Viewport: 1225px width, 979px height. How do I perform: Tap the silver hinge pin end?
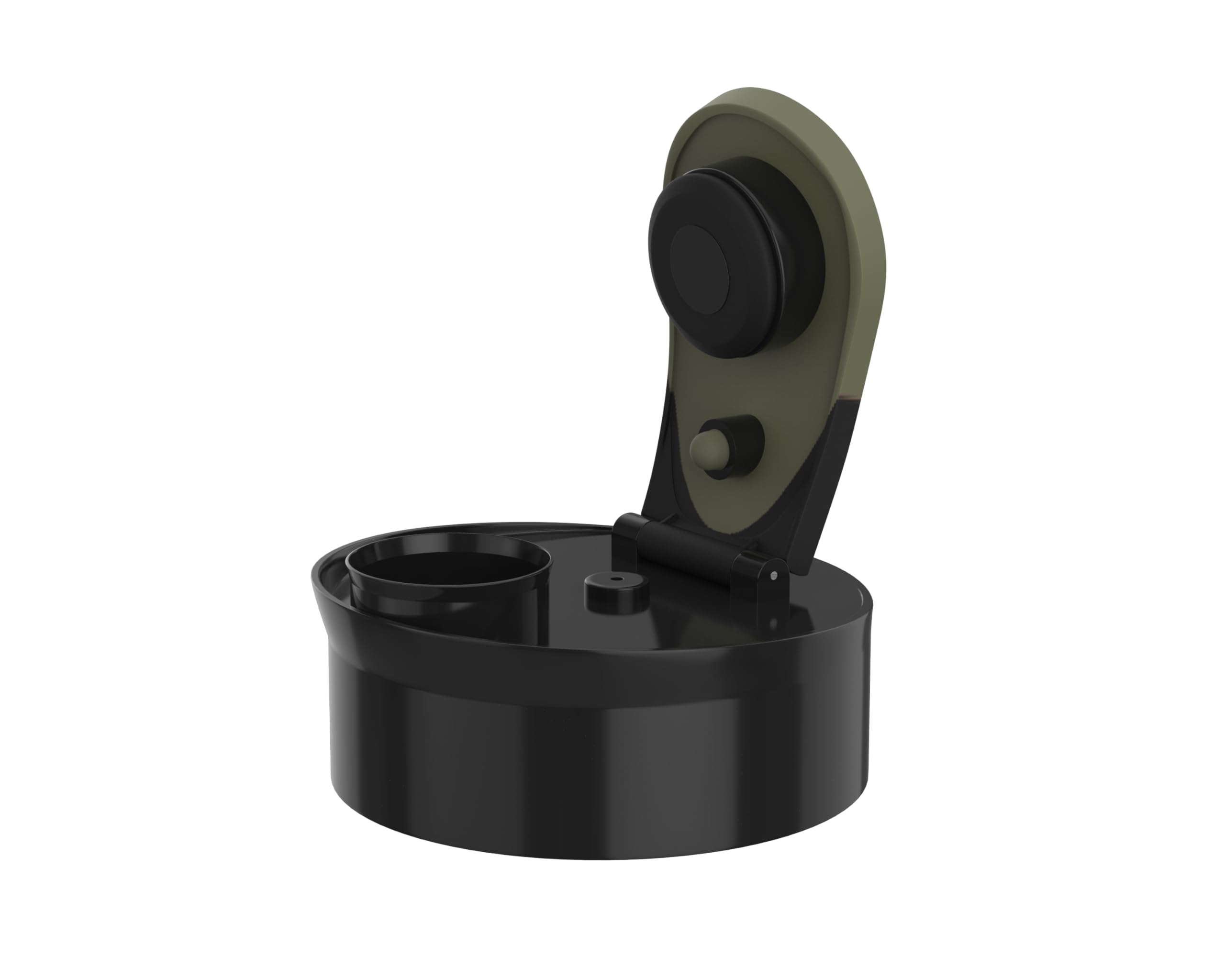click(x=773, y=576)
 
